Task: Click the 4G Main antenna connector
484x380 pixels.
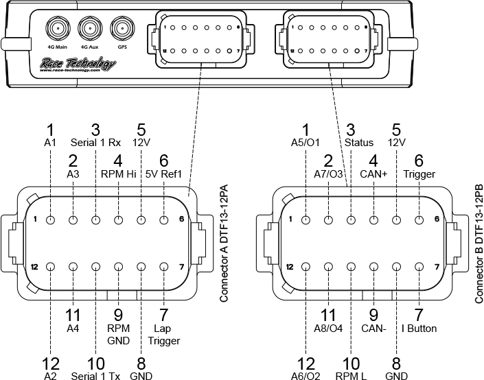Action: click(57, 29)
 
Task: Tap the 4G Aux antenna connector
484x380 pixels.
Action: click(89, 29)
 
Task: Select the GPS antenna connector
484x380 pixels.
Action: click(122, 29)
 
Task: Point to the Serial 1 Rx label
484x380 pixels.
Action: click(95, 143)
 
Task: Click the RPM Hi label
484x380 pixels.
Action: click(118, 174)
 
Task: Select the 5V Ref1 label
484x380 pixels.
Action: click(163, 174)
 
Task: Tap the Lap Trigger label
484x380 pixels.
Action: click(163, 335)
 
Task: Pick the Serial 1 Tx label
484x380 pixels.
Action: click(95, 376)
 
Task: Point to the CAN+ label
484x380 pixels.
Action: click(374, 174)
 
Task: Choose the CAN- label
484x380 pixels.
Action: click(374, 329)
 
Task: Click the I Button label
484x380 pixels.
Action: click(419, 329)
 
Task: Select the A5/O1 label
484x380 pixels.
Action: click(306, 143)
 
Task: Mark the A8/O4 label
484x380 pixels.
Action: click(329, 329)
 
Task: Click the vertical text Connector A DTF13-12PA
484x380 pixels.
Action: click(223, 244)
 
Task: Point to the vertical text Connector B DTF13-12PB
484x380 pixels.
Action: click(479, 244)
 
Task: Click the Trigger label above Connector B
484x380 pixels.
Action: click(419, 174)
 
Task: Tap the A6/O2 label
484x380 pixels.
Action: click(306, 376)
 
